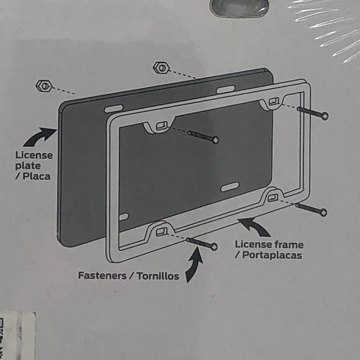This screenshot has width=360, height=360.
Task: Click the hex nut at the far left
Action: (44, 84)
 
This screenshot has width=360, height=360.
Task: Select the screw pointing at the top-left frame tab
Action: (201, 136)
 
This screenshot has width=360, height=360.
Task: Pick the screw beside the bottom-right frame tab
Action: (311, 208)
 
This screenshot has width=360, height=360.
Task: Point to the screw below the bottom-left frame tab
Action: (201, 243)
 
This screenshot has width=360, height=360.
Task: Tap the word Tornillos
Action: (158, 276)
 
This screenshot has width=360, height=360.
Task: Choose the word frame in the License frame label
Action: (289, 245)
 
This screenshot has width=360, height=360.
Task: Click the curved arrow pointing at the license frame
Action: (254, 225)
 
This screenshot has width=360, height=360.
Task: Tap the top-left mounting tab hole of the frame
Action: (161, 126)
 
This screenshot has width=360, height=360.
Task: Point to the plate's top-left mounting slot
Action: (113, 109)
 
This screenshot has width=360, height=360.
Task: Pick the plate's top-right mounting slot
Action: (225, 89)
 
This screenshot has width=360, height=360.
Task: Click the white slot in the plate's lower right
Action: (229, 186)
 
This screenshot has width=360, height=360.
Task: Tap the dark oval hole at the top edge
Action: (240, 7)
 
